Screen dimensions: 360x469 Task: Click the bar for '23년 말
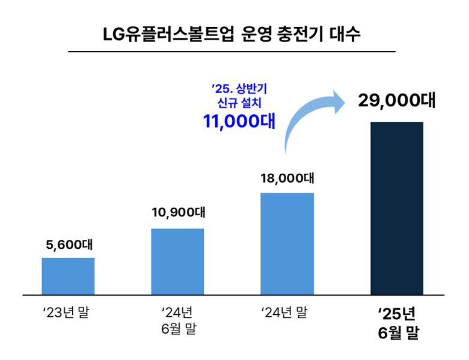coord(68,276)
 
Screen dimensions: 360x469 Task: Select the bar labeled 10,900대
coord(177,261)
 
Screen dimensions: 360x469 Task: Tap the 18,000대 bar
coord(287,243)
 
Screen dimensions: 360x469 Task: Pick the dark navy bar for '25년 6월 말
coord(396,208)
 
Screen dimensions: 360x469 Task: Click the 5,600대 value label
coord(68,245)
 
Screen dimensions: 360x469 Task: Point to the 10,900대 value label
coord(177,212)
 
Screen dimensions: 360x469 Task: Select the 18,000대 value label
coord(287,178)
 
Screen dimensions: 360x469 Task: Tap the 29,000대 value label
coord(396,100)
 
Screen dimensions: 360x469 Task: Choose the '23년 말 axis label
coord(68,313)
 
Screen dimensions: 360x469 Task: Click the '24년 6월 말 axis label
coord(177,321)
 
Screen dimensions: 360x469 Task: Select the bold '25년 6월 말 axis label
coord(396,323)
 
